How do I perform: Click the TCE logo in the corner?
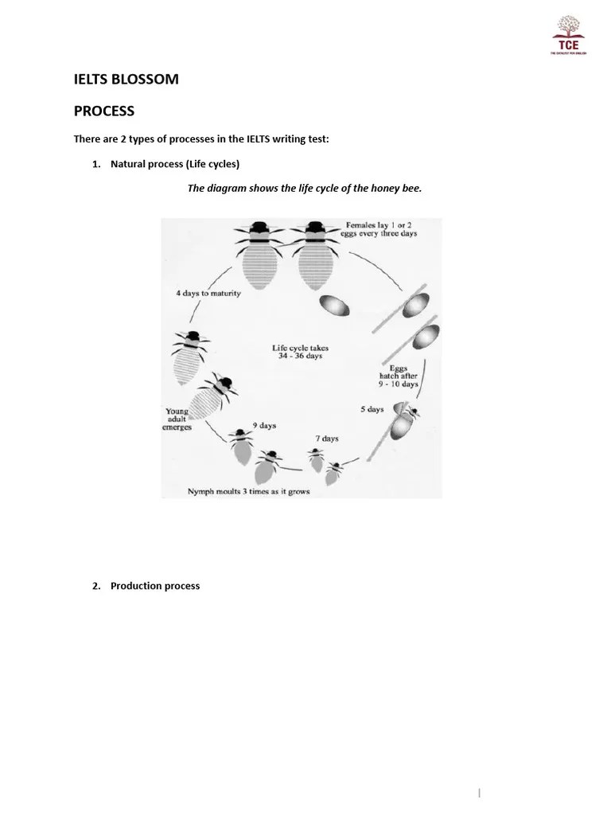[570, 35]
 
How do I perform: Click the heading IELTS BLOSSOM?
[126, 79]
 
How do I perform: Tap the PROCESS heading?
[104, 111]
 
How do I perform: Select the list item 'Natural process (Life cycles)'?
[174, 164]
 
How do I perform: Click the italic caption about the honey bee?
[304, 189]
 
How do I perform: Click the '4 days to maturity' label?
[208, 293]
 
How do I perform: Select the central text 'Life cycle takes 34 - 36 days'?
[300, 352]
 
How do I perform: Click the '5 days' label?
[371, 409]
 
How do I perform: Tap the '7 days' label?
[325, 439]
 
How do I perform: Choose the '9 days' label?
[264, 426]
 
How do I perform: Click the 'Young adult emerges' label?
[177, 419]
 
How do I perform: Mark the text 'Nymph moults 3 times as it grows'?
[249, 491]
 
